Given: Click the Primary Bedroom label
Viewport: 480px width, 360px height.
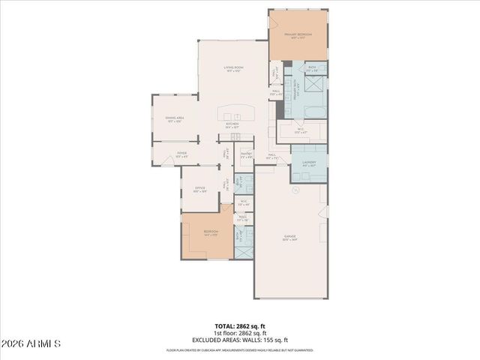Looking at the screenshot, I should [x=298, y=35].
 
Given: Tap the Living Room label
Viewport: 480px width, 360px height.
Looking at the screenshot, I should [x=232, y=68].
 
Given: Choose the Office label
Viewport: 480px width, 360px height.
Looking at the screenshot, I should [x=200, y=189].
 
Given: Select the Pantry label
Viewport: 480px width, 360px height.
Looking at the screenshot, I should [x=245, y=155].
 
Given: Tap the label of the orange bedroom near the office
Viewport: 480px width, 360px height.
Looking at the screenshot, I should [x=211, y=232].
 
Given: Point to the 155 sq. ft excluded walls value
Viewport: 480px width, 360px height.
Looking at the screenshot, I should [x=276, y=340].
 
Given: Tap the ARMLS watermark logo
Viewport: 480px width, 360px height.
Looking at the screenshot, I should [x=31, y=343].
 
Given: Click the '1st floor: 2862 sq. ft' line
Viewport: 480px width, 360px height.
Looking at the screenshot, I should [x=240, y=333].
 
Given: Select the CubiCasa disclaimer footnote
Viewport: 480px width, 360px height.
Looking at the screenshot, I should [x=240, y=350].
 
